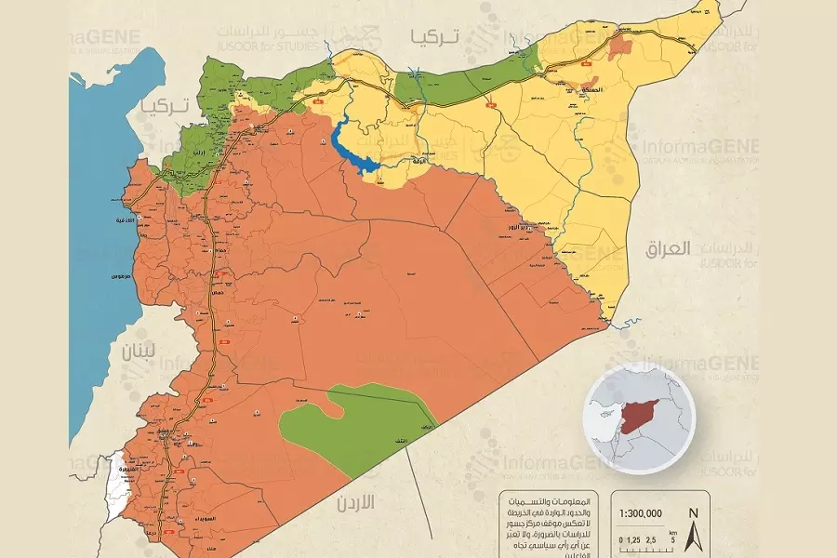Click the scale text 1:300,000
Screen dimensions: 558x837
(641, 512)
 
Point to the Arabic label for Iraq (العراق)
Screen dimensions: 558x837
(668, 248)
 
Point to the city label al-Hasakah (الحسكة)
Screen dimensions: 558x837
(590, 90)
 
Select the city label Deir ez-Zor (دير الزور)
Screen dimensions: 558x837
(537, 226)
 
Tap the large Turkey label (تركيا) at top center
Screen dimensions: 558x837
(432, 37)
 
